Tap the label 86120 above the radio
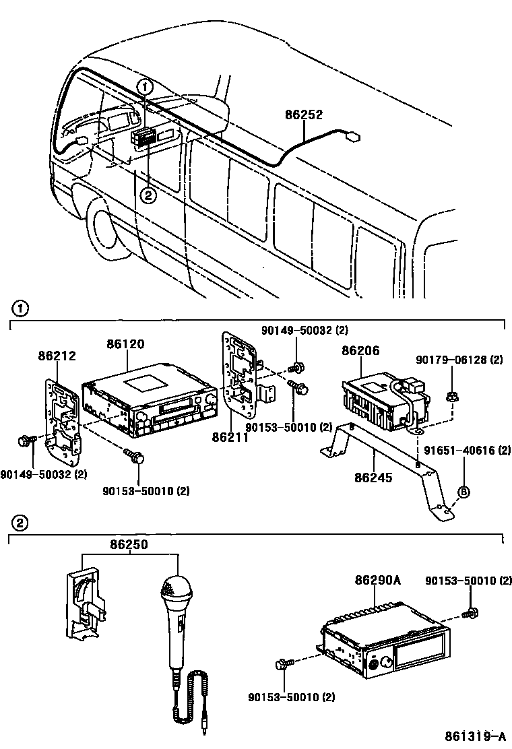coord(125,344)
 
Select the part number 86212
coord(57,356)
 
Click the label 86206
coord(360,351)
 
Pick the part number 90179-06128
coord(458,360)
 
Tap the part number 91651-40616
coord(467,450)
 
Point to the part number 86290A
coord(378,581)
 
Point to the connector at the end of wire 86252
coord(351,138)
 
